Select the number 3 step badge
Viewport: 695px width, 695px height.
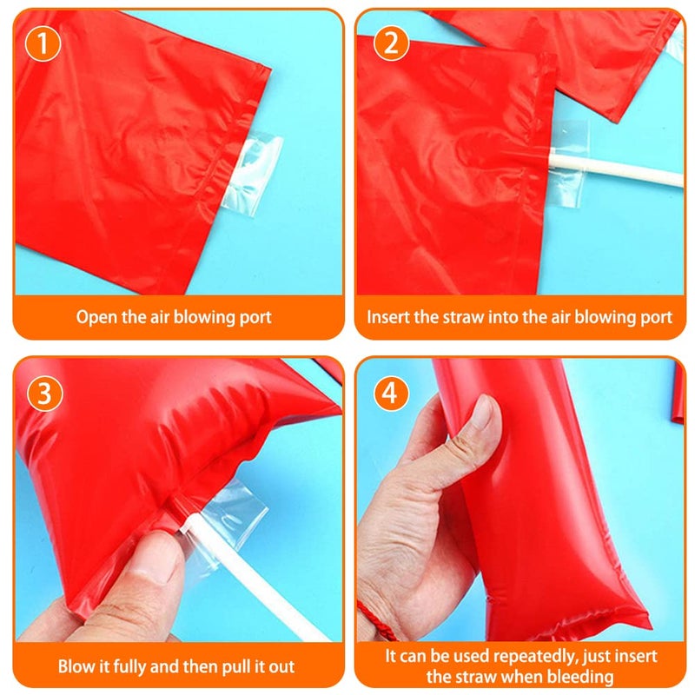coord(45,394)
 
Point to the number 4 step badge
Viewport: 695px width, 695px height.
coord(390,393)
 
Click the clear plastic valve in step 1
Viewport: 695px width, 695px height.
coord(254,175)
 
